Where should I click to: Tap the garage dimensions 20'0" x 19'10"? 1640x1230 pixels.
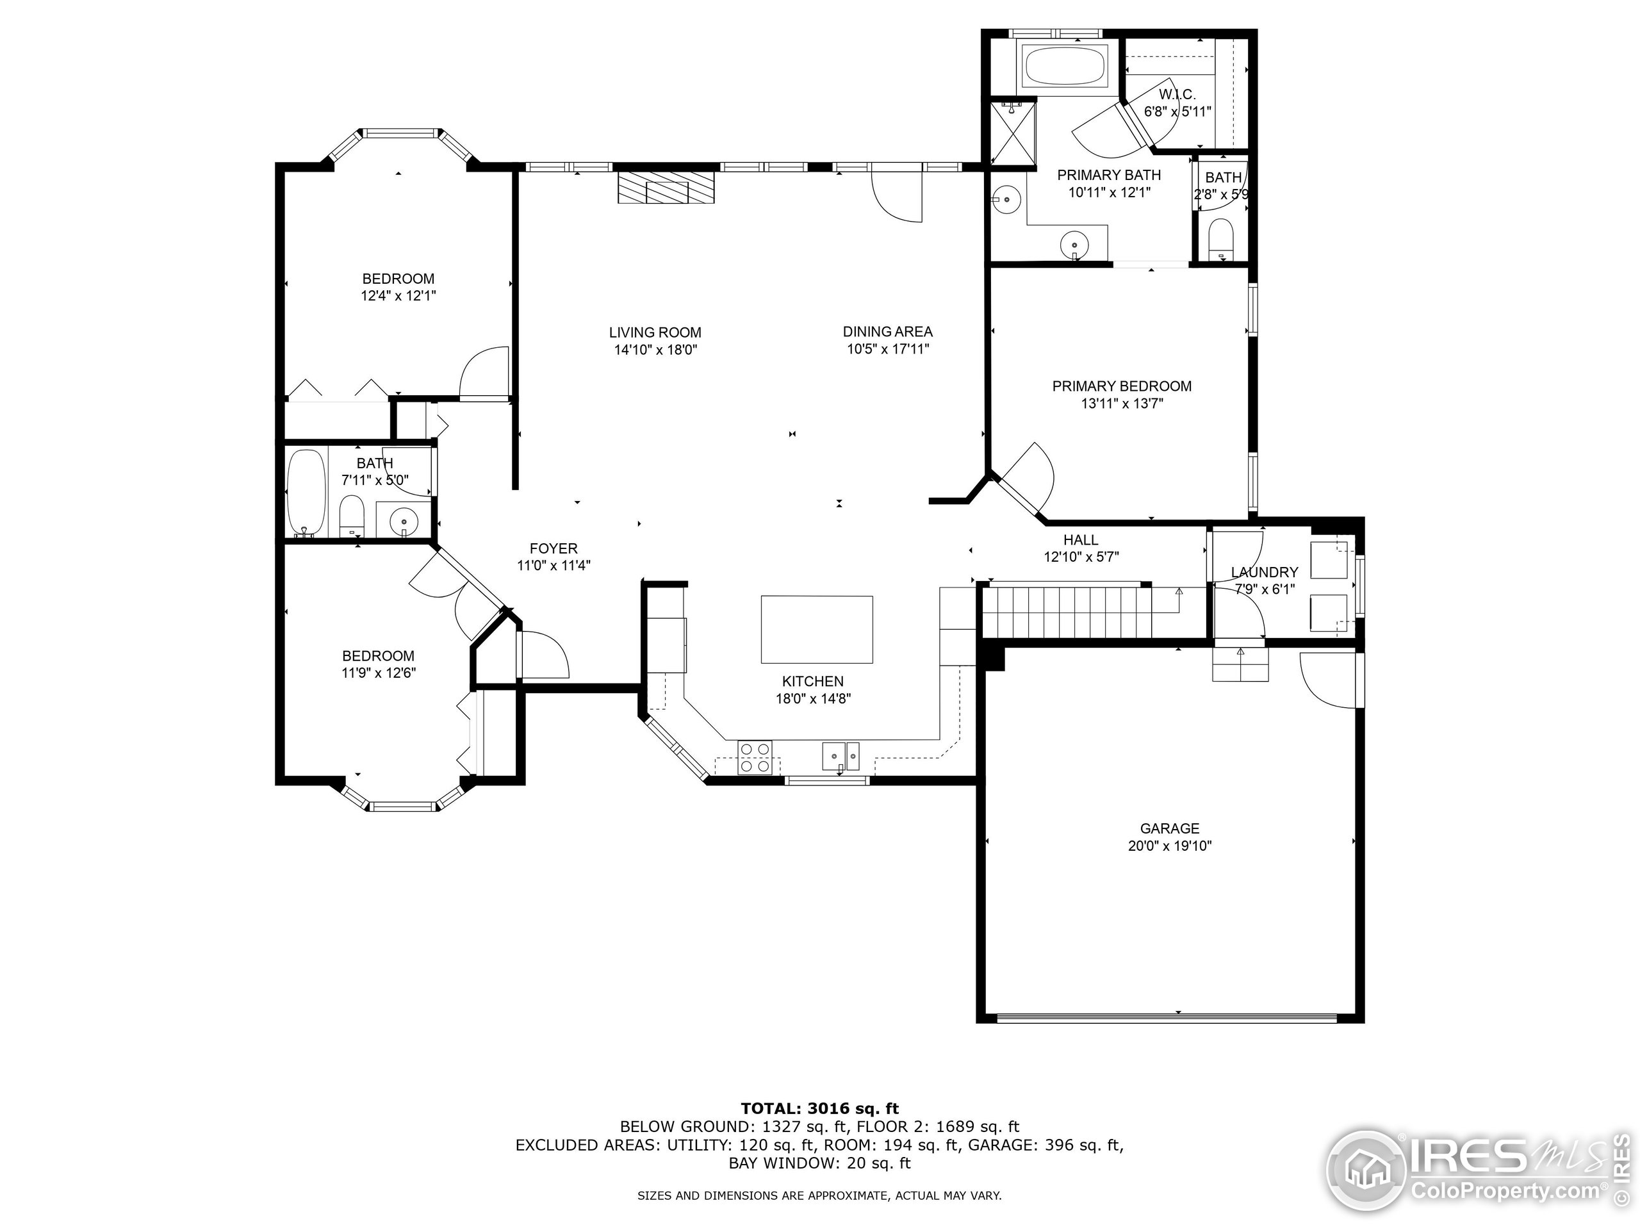[1169, 846]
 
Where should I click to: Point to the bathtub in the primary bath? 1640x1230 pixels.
[1065, 67]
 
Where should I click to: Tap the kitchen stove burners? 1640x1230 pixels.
[755, 757]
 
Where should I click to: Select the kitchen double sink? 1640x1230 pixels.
[840, 756]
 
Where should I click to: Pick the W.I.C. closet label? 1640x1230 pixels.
[1177, 95]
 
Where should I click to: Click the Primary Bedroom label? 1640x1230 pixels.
[1122, 386]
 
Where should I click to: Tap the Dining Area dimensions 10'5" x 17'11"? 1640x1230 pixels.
[887, 349]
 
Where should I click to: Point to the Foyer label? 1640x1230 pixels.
[553, 548]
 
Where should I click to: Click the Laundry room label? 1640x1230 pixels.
[1264, 572]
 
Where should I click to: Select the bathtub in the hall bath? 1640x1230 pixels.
[306, 491]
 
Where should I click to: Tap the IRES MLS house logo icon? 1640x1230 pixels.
[1366, 1170]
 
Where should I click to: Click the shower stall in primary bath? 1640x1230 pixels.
[1012, 133]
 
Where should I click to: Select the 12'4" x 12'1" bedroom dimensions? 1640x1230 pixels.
[398, 296]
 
